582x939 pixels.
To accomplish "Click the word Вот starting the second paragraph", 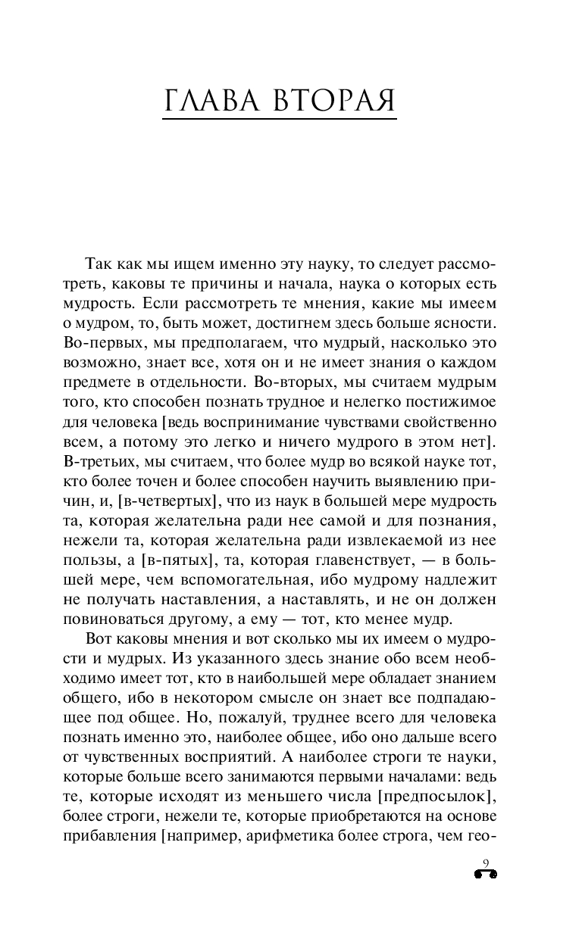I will tap(99, 638).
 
